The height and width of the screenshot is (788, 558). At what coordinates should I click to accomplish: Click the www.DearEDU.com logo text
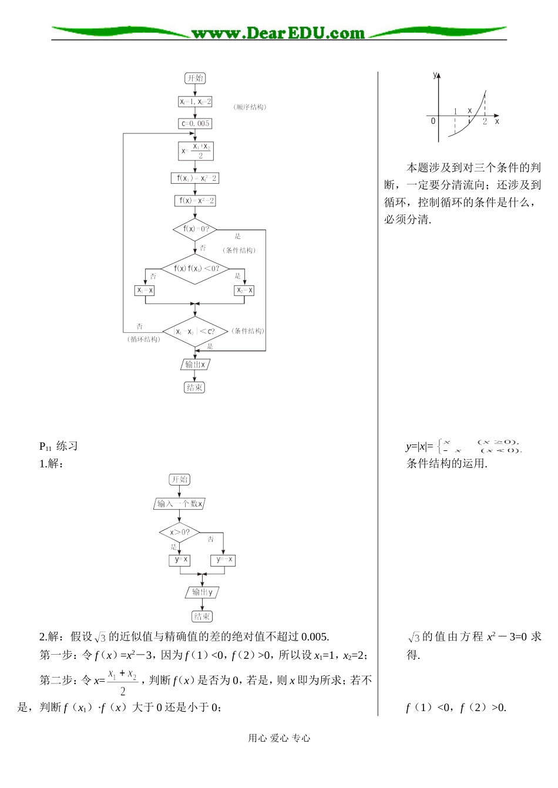278,33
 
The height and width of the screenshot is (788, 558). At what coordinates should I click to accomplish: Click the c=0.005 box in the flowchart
195,124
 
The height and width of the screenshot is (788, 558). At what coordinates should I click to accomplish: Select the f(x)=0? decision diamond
195,229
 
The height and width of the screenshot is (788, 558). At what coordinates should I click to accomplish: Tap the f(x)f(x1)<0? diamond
195,268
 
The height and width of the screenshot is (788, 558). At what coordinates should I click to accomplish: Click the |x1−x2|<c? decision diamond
195,332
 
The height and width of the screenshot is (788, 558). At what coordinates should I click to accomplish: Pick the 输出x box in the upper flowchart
195,365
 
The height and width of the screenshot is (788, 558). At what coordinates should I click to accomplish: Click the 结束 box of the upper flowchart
195,388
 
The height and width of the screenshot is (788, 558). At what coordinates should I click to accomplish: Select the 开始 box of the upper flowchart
195,78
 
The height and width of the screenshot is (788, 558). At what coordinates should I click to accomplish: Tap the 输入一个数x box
180,504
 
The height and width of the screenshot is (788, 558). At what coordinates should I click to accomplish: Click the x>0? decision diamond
180,533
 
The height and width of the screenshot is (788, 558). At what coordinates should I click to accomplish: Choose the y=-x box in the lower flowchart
224,560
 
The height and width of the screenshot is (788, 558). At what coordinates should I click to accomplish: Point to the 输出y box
202,592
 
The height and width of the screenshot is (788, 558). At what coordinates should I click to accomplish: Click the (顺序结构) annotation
250,107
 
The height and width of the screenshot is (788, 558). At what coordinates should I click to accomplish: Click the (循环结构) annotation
143,339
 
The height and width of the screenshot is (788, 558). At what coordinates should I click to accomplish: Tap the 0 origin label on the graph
433,121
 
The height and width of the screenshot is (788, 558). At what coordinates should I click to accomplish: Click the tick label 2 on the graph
485,122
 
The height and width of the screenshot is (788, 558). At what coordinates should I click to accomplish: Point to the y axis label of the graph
435,75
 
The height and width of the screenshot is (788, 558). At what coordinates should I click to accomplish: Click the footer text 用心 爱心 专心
279,738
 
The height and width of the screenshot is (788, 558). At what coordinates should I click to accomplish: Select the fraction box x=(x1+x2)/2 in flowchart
196,151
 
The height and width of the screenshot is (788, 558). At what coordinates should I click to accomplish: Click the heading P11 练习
58,446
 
